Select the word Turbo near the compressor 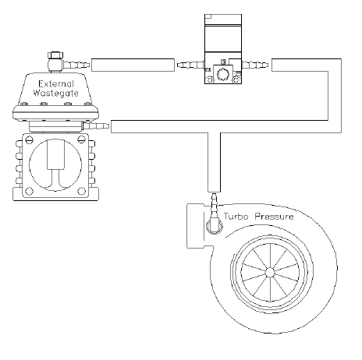pyautogui.click(x=239, y=216)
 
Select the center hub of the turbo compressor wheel pyautogui.click(x=269, y=272)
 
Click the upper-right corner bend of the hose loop pyautogui.click(x=332, y=65)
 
